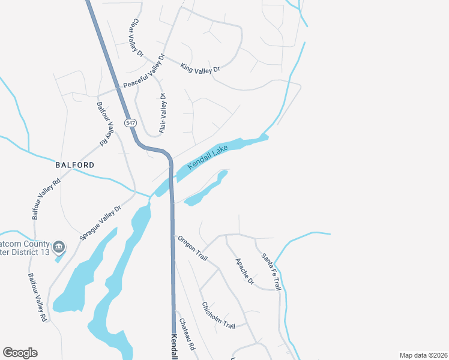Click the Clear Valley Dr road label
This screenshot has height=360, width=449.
(x=136, y=38)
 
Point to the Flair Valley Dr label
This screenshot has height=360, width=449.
(x=162, y=113)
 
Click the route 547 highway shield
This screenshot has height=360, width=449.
(x=131, y=122)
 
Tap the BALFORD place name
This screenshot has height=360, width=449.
(x=75, y=164)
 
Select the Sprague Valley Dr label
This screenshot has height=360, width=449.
(x=101, y=223)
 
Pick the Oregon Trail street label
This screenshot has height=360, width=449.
(x=192, y=248)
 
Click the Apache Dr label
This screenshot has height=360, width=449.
(x=245, y=271)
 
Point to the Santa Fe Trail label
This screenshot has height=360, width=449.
(x=271, y=272)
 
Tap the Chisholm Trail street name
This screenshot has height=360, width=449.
(x=218, y=315)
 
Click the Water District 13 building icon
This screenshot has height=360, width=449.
(x=59, y=247)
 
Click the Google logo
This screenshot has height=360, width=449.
(x=20, y=353)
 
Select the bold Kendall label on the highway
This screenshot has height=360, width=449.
(x=174, y=347)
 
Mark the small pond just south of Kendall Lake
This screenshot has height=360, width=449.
(x=207, y=190)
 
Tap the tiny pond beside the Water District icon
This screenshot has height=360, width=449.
(x=59, y=258)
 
